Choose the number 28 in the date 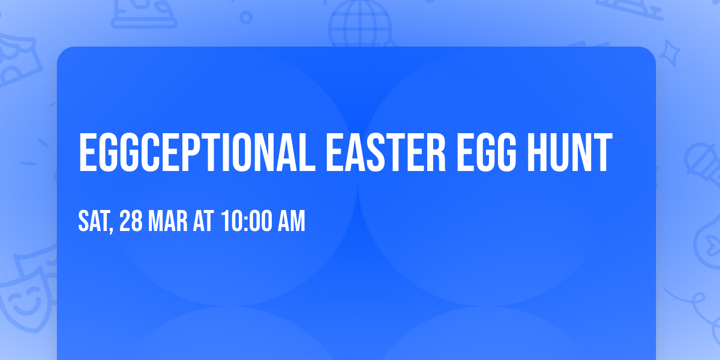130,221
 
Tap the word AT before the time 203,221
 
